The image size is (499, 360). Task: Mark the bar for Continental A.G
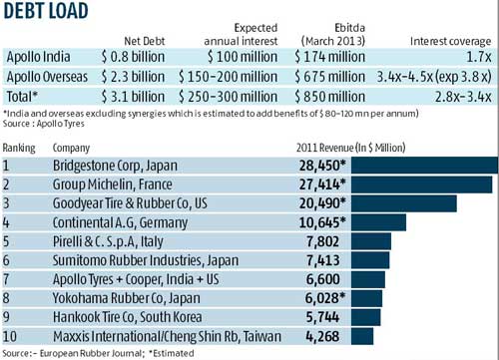[377, 224]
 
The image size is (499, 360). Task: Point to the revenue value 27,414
[320, 183]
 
